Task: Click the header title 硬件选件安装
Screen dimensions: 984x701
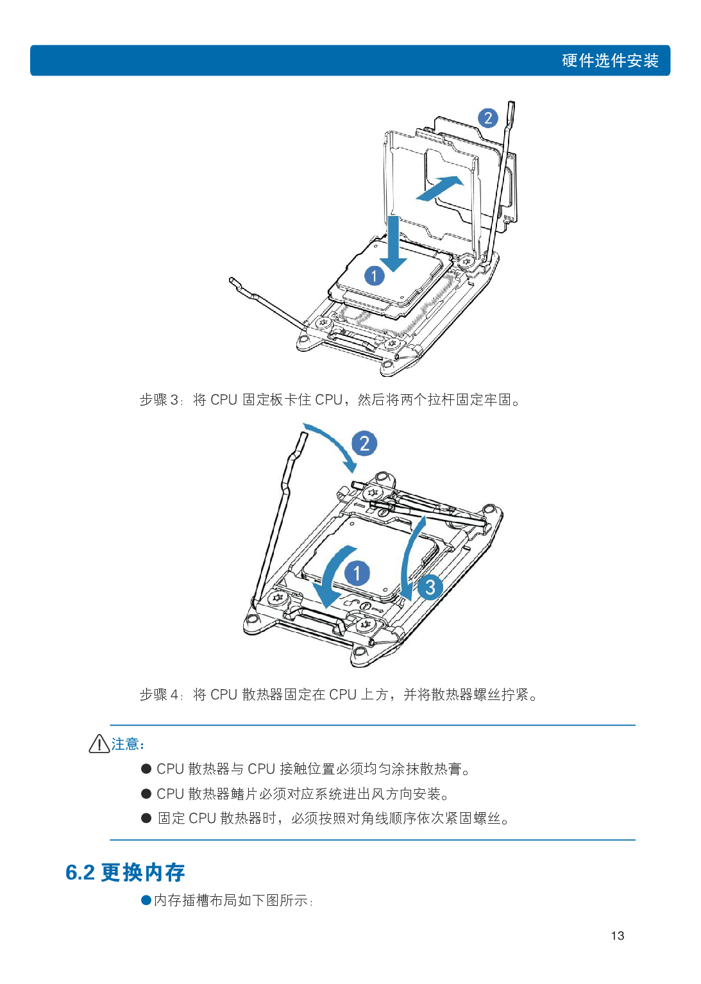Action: pos(610,61)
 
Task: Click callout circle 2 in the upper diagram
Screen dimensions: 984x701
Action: pos(488,118)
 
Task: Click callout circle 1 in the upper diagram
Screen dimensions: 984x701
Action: pos(375,276)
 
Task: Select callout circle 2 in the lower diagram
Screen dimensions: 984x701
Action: pos(364,444)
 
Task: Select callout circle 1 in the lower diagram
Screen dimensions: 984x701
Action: pos(357,573)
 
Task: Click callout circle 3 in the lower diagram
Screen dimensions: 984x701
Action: pos(430,587)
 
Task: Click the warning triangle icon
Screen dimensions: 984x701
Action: pos(99,744)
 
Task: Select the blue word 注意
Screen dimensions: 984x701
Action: pos(126,744)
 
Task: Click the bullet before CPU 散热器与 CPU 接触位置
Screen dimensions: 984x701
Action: pos(146,769)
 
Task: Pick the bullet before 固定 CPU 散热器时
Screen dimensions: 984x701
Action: pos(146,818)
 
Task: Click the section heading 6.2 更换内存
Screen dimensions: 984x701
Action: pos(125,872)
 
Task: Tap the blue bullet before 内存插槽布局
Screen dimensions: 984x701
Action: pos(146,900)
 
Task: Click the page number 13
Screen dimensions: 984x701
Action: pos(617,935)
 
